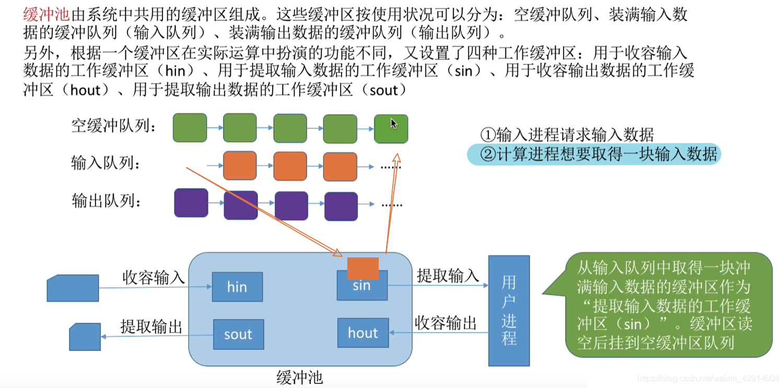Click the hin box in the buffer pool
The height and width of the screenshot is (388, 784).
[237, 287]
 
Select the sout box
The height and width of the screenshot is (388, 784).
[238, 334]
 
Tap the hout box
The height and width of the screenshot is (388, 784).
[363, 333]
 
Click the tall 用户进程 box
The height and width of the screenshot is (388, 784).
[509, 311]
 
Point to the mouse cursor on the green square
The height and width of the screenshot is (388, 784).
[394, 124]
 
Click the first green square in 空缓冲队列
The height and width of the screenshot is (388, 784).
[190, 128]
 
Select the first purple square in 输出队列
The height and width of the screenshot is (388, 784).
[191, 203]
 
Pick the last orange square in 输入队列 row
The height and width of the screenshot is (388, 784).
[340, 167]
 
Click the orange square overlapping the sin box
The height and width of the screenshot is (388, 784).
[363, 269]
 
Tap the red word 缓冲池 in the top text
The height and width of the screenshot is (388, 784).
[46, 15]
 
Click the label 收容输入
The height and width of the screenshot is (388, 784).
[153, 277]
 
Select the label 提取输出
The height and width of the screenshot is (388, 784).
[151, 326]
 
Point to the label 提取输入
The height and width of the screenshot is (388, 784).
[448, 276]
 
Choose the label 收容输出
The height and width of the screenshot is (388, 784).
[446, 323]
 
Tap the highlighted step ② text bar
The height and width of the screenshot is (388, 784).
[594, 154]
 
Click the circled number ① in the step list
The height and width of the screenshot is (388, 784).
[488, 135]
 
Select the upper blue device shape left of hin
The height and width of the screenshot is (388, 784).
[73, 288]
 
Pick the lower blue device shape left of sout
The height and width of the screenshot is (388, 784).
[85, 337]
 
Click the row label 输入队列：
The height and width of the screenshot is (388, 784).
[106, 163]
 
